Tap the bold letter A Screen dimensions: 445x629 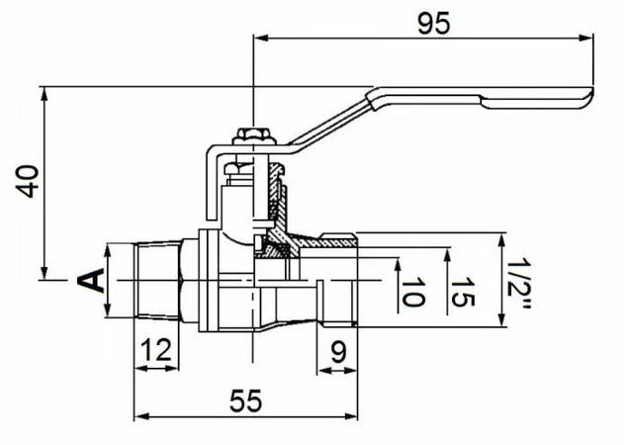(91, 281)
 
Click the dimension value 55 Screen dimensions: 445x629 (240, 400)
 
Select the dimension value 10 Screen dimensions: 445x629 (412, 293)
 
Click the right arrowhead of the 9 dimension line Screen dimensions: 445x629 (358, 370)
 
